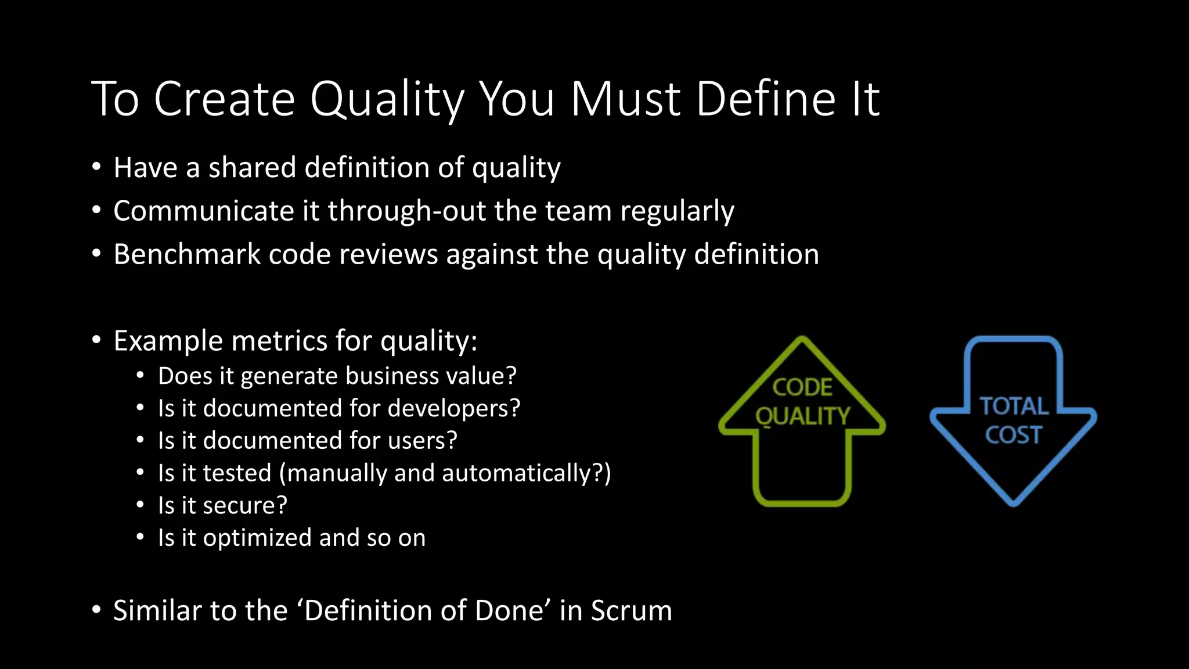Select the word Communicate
(204, 211)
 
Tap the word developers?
(453, 408)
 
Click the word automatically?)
(526, 473)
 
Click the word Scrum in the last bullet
(631, 611)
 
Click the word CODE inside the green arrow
(802, 387)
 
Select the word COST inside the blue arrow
(1014, 435)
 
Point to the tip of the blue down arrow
(1014, 503)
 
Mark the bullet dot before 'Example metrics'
(96, 340)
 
